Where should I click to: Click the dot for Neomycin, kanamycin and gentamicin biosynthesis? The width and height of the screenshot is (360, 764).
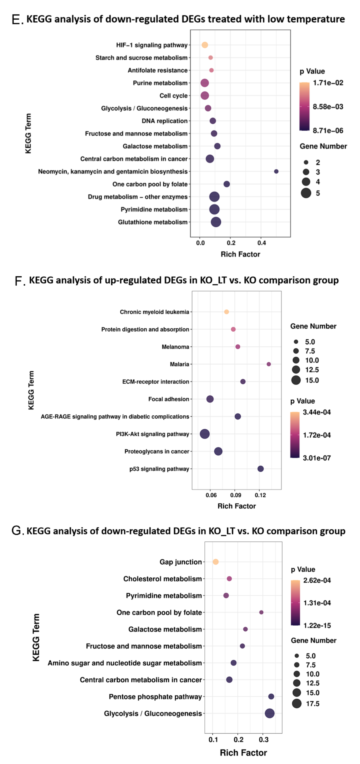(x=276, y=171)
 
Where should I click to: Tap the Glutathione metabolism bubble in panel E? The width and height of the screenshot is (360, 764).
(x=216, y=222)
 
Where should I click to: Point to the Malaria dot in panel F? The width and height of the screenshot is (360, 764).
(x=269, y=364)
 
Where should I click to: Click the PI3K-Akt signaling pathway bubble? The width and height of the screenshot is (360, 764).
(x=205, y=434)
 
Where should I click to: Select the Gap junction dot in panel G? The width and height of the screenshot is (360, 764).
(x=216, y=562)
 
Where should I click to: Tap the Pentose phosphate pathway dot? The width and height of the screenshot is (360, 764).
(x=271, y=696)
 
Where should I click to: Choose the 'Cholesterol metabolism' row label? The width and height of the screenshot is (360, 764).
(x=162, y=579)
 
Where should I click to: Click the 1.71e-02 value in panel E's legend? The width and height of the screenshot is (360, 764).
(x=328, y=83)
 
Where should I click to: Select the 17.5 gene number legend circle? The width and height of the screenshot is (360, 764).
(x=297, y=703)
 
